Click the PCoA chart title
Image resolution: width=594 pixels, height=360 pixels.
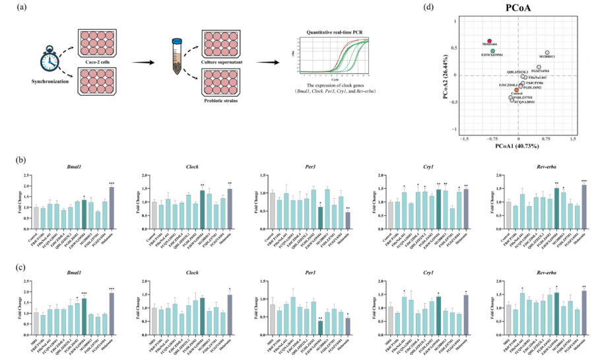518,8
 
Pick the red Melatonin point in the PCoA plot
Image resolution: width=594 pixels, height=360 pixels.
490,41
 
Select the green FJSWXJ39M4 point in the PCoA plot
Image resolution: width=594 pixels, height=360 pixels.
492,51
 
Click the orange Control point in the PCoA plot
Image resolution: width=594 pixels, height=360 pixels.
517,89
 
